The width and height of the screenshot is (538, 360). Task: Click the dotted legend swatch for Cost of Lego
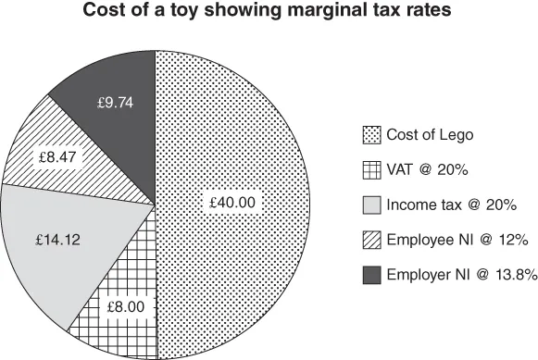click(372, 136)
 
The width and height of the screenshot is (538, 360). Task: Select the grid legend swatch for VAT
click(372, 170)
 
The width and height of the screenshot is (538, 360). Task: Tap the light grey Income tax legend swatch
click(372, 205)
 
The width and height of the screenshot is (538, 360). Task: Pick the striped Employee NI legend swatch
click(372, 240)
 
